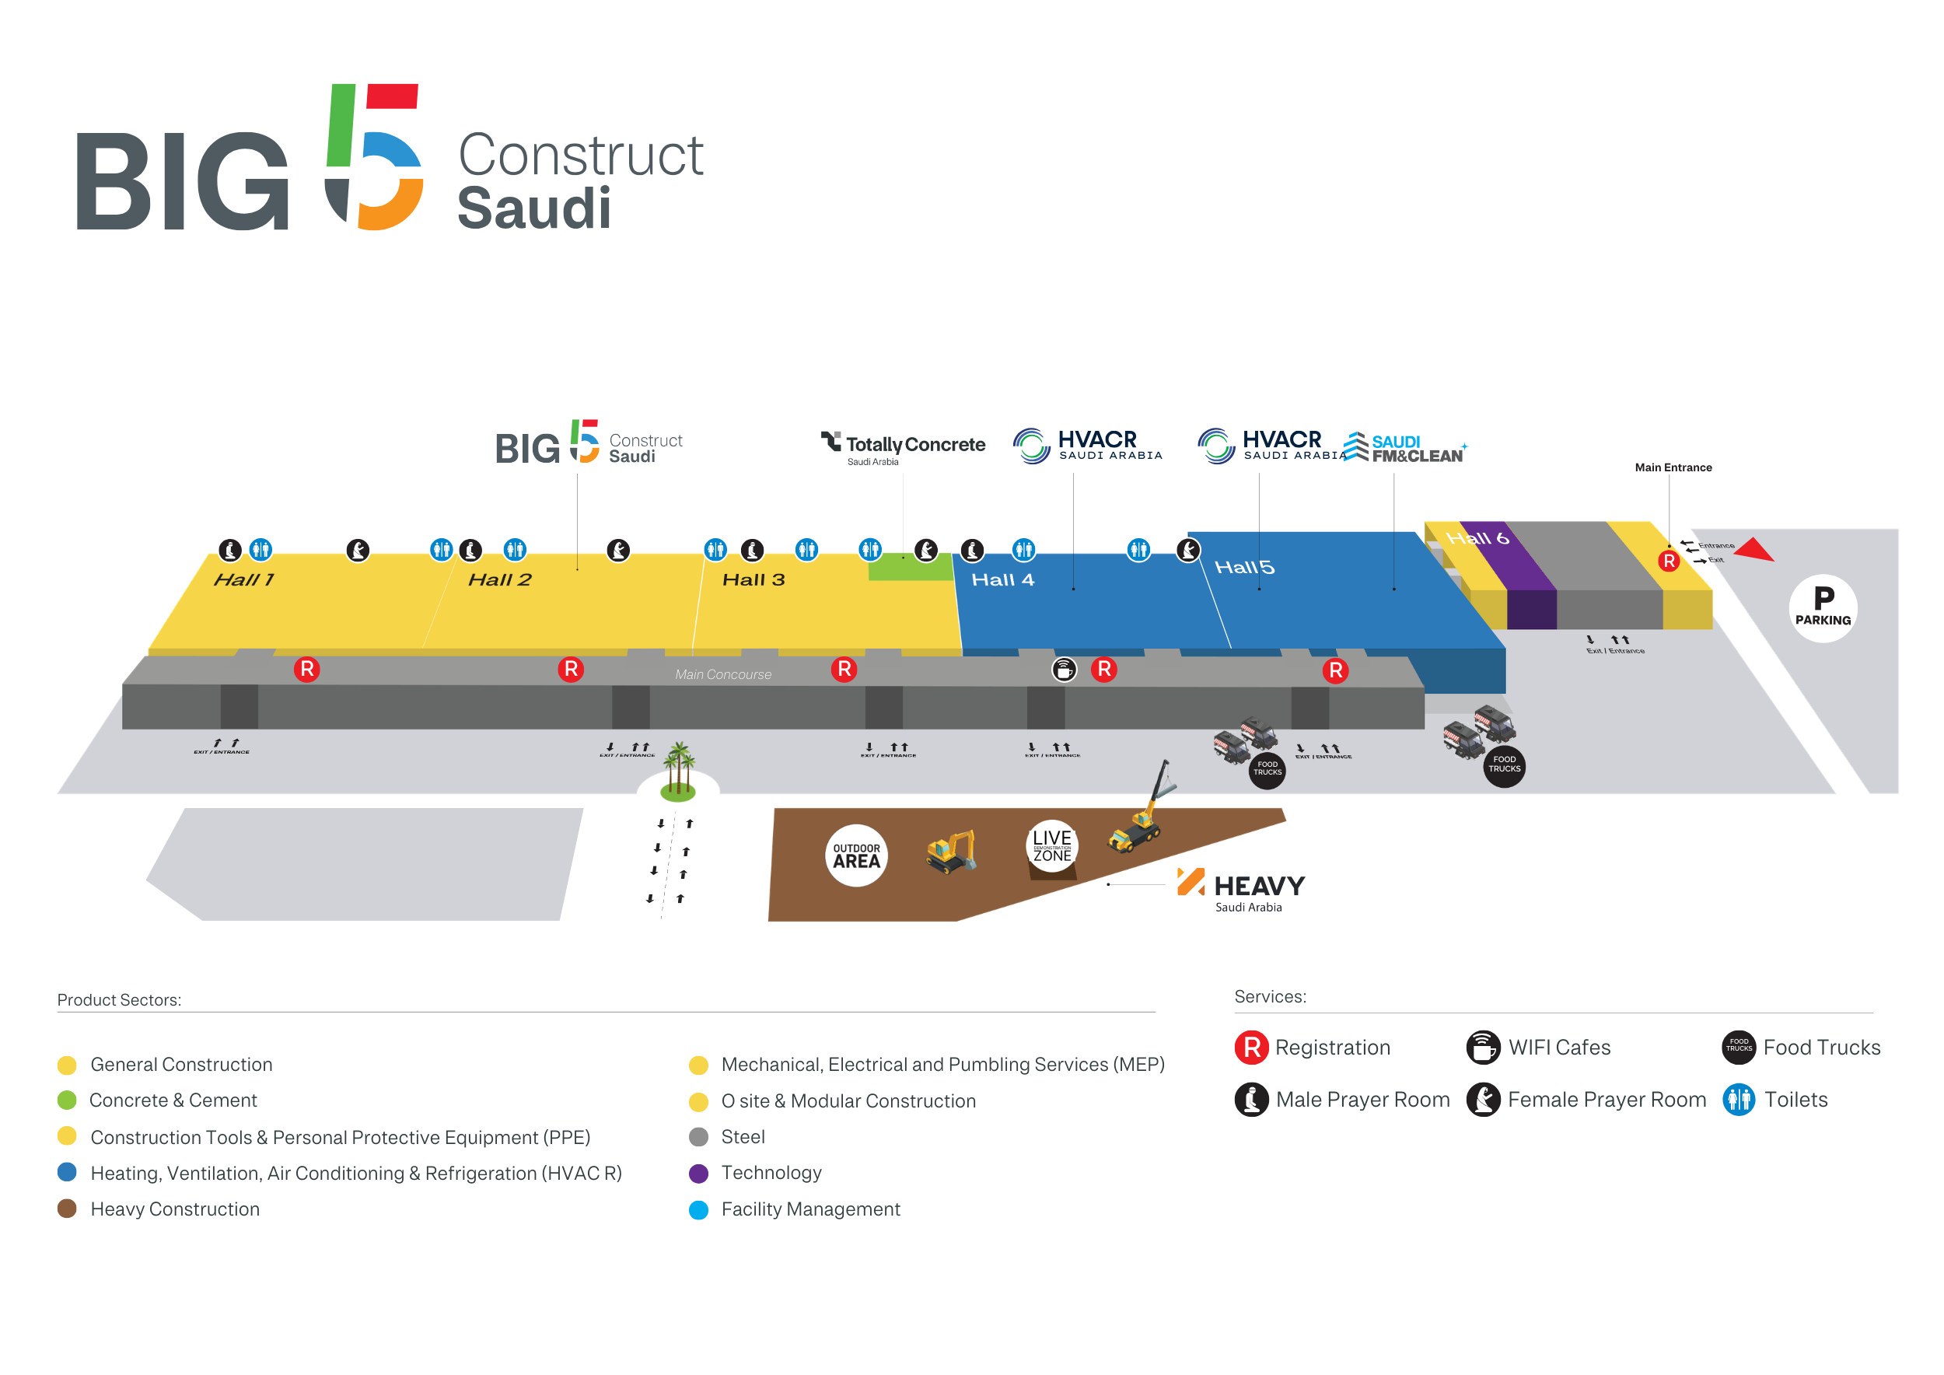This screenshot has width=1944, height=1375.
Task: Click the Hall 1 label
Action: pyautogui.click(x=244, y=580)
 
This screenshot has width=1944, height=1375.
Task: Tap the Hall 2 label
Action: pyautogui.click(x=499, y=580)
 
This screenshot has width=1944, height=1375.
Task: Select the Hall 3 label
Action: pyautogui.click(x=753, y=580)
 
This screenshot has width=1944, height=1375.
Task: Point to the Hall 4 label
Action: pyautogui.click(x=1002, y=580)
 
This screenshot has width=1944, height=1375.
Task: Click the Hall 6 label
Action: pyautogui.click(x=1477, y=537)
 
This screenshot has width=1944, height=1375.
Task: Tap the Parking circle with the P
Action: pyautogui.click(x=1823, y=608)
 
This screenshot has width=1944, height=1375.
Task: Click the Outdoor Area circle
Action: pyautogui.click(x=856, y=855)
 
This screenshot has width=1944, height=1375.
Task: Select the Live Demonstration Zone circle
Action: pyautogui.click(x=1051, y=845)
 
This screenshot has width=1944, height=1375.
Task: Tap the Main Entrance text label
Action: pyautogui.click(x=1673, y=467)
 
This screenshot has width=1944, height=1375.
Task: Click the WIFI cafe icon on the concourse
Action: pyautogui.click(x=1065, y=670)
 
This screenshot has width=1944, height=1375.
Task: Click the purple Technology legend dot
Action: pyautogui.click(x=698, y=1173)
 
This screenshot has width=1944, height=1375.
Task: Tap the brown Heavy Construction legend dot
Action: pyautogui.click(x=67, y=1209)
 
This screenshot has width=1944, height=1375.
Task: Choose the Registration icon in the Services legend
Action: pyautogui.click(x=1251, y=1048)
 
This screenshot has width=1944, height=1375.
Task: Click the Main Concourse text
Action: pyautogui.click(x=723, y=675)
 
